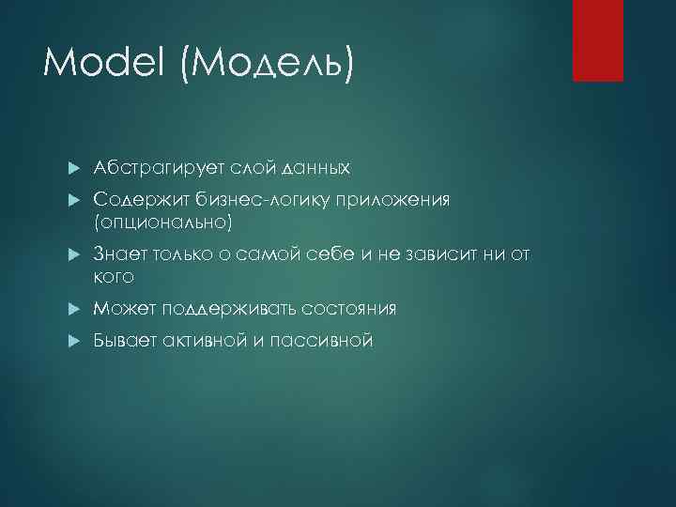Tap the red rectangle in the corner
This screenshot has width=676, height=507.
click(598, 40)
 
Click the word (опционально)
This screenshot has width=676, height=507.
click(161, 223)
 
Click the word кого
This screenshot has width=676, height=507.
click(114, 277)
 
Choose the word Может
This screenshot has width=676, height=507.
click(125, 309)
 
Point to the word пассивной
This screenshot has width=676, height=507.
click(321, 341)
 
